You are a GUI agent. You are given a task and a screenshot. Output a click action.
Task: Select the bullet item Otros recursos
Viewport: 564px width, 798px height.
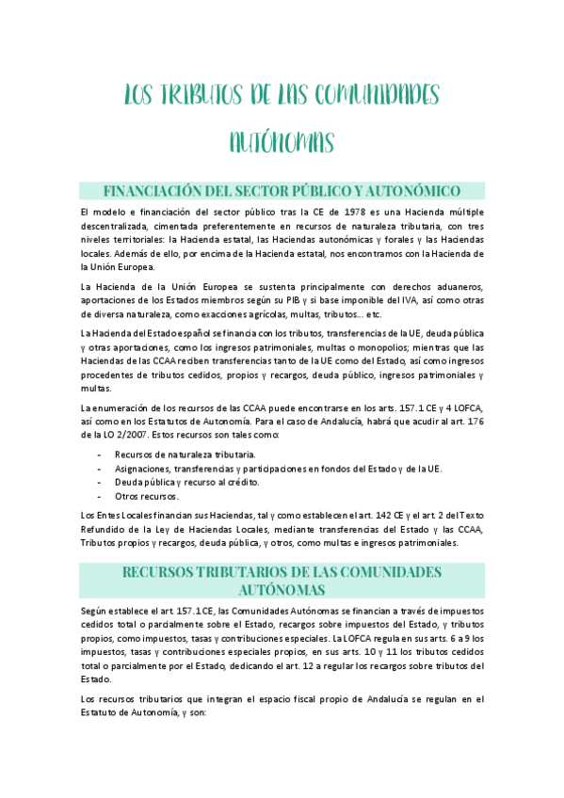tap(146, 495)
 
